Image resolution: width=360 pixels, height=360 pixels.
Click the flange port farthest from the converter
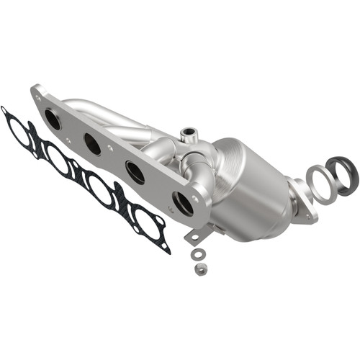(53, 119)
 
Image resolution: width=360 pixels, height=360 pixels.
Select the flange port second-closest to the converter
(135, 171)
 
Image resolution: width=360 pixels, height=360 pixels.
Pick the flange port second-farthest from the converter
(92, 144)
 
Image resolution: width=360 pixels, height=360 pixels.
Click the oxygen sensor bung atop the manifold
(189, 133)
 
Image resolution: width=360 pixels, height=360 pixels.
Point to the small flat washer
(197, 254)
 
